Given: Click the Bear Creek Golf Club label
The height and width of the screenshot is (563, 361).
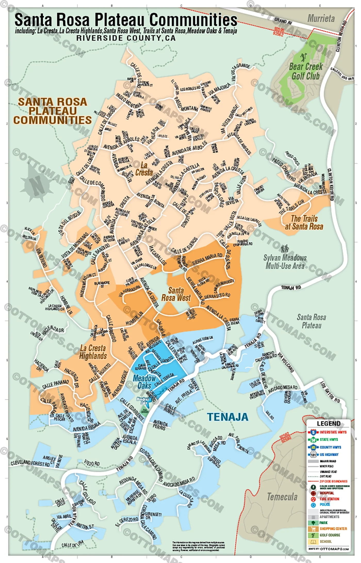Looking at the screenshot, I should pyautogui.click(x=306, y=71).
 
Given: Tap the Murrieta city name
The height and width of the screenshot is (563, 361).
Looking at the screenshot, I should pyautogui.click(x=321, y=19).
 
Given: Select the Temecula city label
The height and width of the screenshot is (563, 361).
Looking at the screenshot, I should pyautogui.click(x=282, y=497).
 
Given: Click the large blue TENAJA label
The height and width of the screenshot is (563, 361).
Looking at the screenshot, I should pyautogui.click(x=228, y=417).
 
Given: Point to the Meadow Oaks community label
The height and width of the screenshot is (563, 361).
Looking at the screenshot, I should pyautogui.click(x=144, y=382).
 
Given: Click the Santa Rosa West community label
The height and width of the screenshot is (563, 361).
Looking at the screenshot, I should pyautogui.click(x=176, y=294).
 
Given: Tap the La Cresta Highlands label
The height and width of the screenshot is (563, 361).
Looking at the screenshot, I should pyautogui.click(x=93, y=352).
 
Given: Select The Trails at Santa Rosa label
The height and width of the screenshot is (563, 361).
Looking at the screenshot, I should pyautogui.click(x=304, y=222).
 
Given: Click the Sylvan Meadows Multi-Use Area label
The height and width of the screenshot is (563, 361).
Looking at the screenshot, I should pyautogui.click(x=285, y=262).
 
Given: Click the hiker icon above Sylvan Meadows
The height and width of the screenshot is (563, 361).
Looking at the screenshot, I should pyautogui.click(x=285, y=249).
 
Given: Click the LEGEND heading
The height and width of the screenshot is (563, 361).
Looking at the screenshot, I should pyautogui.click(x=329, y=424).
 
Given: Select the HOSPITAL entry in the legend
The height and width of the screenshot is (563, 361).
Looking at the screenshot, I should pyautogui.click(x=327, y=493).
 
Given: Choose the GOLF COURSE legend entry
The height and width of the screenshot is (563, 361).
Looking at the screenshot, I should pyautogui.click(x=330, y=535).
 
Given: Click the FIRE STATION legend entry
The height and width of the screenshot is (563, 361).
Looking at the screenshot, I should pyautogui.click(x=329, y=499).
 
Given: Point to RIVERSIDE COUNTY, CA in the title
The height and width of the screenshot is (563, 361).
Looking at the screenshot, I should pyautogui.click(x=126, y=38).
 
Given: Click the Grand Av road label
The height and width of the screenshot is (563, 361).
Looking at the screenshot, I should pyautogui.click(x=283, y=21).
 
